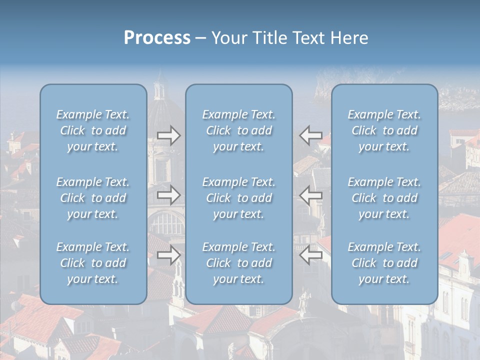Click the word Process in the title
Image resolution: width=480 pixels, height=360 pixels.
pos(157,38)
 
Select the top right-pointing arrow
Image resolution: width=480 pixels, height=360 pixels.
pos(168,135)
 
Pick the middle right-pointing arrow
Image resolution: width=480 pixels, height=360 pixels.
pos(168,195)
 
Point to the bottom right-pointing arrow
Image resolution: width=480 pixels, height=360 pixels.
pos(168,255)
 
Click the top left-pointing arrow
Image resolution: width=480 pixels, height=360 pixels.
pos(311,135)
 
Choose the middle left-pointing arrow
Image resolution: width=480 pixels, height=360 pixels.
pos(311,195)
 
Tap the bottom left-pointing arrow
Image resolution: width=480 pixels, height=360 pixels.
pos(311,255)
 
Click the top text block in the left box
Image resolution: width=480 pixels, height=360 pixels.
pos(93,130)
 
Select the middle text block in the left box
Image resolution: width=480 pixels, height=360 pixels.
pos(93,198)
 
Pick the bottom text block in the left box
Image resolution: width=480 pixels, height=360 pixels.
pos(93,263)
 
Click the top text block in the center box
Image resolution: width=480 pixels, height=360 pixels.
pos(239,130)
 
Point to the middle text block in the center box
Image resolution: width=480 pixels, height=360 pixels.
pos(239,198)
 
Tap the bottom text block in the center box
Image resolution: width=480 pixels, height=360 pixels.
pos(239,263)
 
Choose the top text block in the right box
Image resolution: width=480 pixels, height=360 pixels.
pos(384,130)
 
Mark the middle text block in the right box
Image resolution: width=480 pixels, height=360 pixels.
pos(384,198)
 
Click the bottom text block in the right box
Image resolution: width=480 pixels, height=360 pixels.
pos(384,263)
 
